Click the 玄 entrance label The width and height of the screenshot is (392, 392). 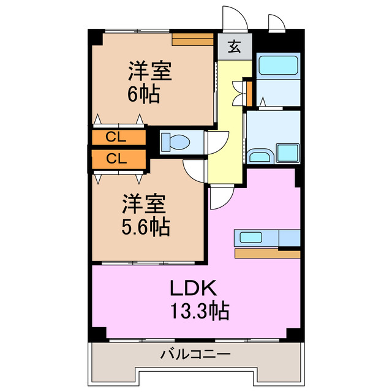click(x=235, y=47)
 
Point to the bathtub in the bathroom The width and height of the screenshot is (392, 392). click(x=277, y=66)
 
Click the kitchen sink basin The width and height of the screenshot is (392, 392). click(x=251, y=237)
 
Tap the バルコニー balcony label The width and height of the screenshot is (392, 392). click(x=195, y=354)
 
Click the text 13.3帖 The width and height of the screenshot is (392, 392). click(x=198, y=312)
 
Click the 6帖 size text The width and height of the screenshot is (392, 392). click(x=143, y=94)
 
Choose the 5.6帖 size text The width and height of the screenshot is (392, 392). click(x=145, y=227)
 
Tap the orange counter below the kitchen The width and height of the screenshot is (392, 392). click(x=267, y=254)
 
